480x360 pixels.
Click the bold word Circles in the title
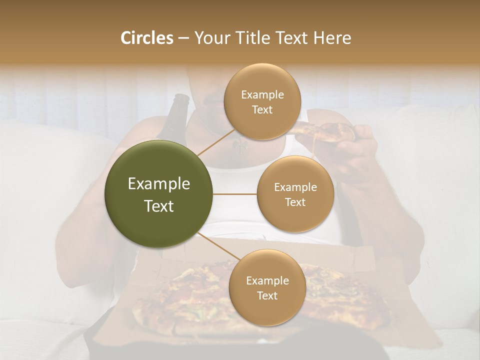pos(147,38)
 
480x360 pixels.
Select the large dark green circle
pos(159,194)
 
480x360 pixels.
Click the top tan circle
pos(262,101)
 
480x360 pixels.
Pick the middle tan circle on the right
pos(295,194)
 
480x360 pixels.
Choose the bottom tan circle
pos(267,287)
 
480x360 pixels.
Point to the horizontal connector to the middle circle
pos(235,194)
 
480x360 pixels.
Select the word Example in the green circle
pos(159,184)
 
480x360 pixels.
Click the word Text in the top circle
pos(262,109)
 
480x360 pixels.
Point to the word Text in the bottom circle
pos(267,295)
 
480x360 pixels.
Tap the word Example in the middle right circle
pos(295,187)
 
